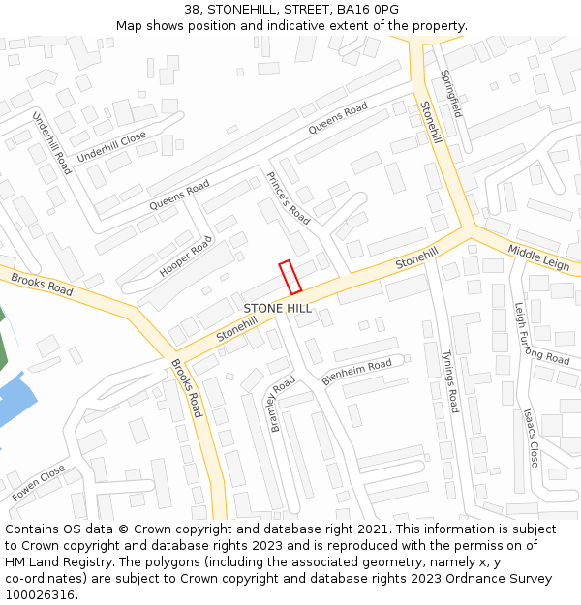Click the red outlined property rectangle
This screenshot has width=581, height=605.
click(x=290, y=277)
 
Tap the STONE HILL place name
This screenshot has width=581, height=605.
click(x=278, y=308)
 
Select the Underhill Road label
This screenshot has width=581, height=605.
click(x=52, y=142)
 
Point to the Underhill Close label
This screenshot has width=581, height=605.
click(x=111, y=146)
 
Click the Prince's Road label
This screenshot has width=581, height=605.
click(x=288, y=197)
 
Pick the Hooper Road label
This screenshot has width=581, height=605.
click(x=185, y=257)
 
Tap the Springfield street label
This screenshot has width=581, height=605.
click(x=452, y=94)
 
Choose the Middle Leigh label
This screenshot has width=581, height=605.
click(x=538, y=257)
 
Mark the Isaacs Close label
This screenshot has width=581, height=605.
click(x=531, y=438)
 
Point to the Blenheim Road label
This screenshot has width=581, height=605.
click(x=356, y=372)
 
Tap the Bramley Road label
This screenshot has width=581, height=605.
click(x=280, y=404)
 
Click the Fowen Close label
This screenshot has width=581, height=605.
click(x=39, y=482)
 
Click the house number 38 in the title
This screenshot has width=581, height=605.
click(x=192, y=10)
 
